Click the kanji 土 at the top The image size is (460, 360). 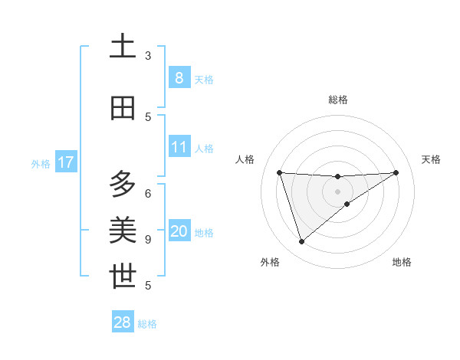tap(123, 47)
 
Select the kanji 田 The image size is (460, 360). tap(123, 108)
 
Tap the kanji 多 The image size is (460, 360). tap(123, 185)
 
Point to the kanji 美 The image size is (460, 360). tap(123, 230)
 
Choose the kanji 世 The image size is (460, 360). tap(123, 276)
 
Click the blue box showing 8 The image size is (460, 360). tap(179, 77)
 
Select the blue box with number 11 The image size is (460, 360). tap(179, 146)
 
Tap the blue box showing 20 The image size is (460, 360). tap(179, 231)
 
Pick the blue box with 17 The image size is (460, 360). tap(65, 162)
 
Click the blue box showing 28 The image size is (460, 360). tap(123, 322)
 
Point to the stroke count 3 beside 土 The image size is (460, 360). tap(148, 56)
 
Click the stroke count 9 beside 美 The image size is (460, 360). tap(148, 239)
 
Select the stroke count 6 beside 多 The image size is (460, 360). tap(148, 193)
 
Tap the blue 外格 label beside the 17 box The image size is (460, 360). tap(41, 163)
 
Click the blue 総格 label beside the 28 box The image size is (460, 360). tap(147, 324)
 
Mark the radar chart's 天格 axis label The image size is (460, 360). tap(431, 159)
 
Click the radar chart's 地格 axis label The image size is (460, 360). tap(402, 262)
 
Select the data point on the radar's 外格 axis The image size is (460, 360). tap(301, 241)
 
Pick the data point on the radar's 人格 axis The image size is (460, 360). tap(279, 172)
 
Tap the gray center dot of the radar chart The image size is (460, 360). tap(337, 191)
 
